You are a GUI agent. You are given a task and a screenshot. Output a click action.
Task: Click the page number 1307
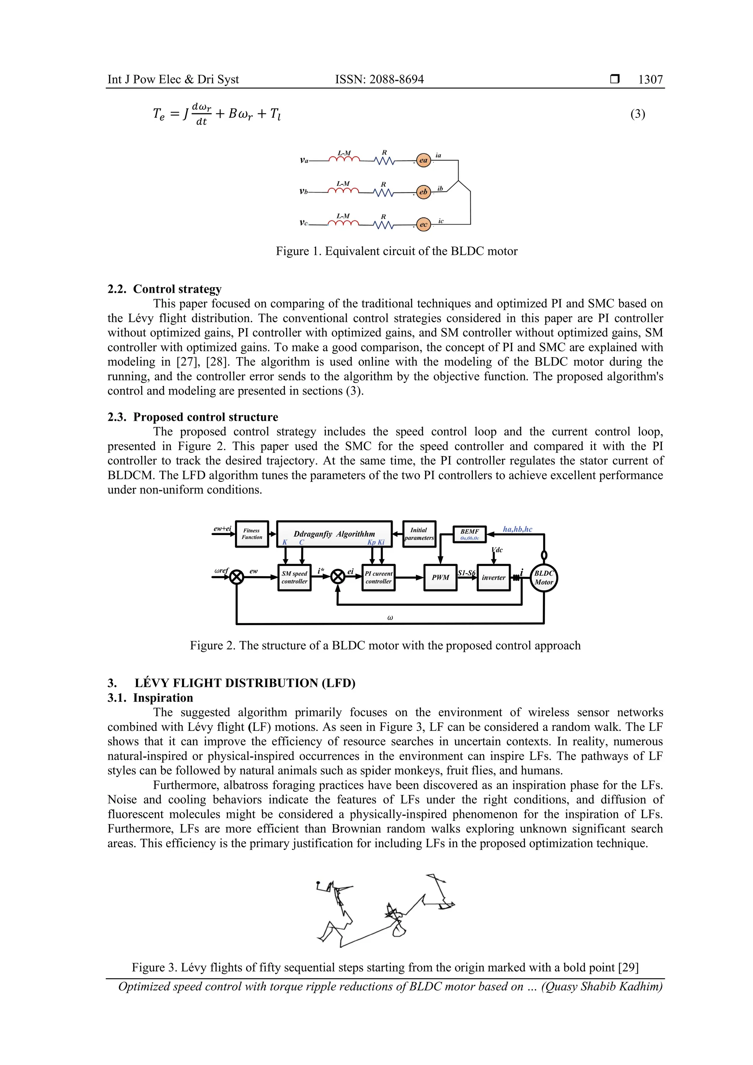pos(650,79)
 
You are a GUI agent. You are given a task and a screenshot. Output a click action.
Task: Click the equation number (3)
pos(638,114)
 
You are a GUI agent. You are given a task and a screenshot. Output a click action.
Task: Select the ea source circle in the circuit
pos(423,160)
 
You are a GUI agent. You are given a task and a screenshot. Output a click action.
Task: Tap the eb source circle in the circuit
pos(423,192)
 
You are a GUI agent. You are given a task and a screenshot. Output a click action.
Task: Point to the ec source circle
pos(423,224)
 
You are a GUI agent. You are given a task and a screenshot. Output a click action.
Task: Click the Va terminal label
pos(304,160)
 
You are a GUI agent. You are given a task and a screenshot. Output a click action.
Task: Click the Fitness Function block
pos(252,534)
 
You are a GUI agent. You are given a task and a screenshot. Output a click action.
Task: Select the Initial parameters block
pos(419,534)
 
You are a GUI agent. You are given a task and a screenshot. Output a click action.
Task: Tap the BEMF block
pos(469,534)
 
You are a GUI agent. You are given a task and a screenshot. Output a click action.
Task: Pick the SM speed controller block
pos(295,577)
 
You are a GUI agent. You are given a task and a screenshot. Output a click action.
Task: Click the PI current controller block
pos(378,577)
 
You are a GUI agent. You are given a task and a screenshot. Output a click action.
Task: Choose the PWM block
pos(440,577)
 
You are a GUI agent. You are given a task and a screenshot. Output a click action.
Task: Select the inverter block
pos(493,577)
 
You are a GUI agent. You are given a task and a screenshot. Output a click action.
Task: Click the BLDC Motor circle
pos(544,577)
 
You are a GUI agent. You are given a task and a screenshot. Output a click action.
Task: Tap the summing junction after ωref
pos(237,577)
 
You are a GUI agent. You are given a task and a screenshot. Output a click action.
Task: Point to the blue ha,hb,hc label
pos(517,529)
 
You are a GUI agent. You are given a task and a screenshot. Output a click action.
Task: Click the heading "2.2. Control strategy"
pos(165,289)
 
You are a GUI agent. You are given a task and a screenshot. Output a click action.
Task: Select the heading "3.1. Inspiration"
pos(150,698)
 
